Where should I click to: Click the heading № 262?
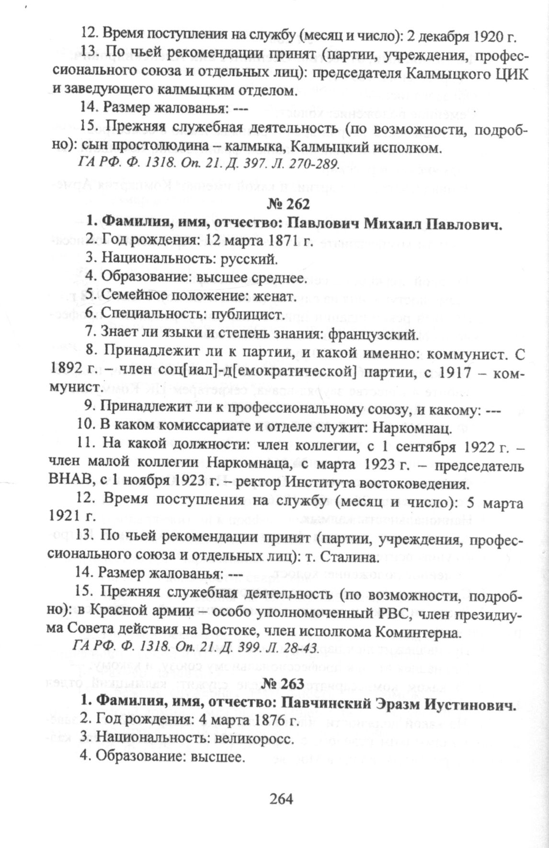tap(289, 204)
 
